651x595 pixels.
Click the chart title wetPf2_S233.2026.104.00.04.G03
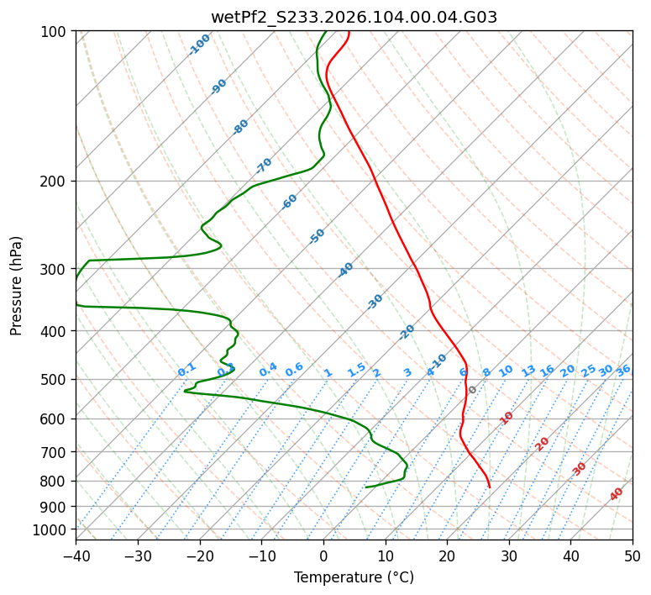point(354,17)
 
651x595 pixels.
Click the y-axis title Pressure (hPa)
point(17,286)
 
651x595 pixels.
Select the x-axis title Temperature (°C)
point(354,577)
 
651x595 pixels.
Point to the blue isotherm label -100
point(199,45)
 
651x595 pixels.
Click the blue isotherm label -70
point(264,165)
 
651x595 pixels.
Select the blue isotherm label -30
point(375,302)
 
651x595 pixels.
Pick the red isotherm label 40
point(617,494)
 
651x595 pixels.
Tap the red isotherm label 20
point(543,443)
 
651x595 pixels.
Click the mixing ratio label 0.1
point(186,370)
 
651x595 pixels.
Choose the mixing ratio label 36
point(623,370)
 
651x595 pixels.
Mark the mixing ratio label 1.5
point(356,370)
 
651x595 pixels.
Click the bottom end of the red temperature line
point(490,487)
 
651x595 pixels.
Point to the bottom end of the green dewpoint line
point(366,487)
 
